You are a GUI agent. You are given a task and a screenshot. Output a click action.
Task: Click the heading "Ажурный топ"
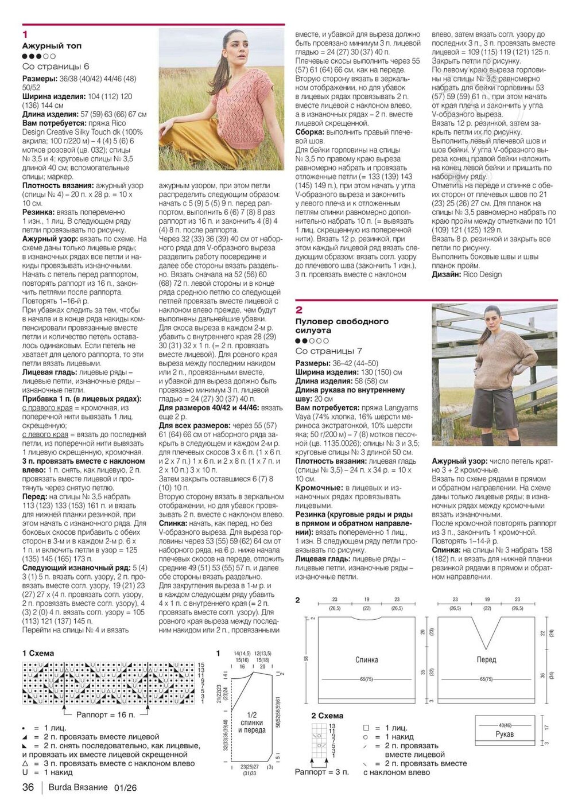pyautogui.click(x=52, y=45)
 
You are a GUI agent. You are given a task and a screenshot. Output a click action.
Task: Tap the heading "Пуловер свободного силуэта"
pyautogui.click(x=342, y=326)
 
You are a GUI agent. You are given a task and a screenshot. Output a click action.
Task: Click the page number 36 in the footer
pyautogui.click(x=28, y=787)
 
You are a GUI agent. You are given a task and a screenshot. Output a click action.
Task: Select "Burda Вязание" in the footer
pyautogui.click(x=78, y=787)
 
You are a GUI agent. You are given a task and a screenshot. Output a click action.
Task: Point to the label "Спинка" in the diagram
pyautogui.click(x=367, y=660)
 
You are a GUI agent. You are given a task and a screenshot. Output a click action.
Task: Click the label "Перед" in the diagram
pyautogui.click(x=486, y=660)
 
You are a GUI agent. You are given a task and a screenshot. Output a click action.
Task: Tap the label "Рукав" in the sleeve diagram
pyautogui.click(x=505, y=734)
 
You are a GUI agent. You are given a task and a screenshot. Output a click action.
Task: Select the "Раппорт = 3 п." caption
pyautogui.click(x=321, y=772)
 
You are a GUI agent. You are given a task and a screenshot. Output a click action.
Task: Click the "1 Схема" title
pyautogui.click(x=38, y=653)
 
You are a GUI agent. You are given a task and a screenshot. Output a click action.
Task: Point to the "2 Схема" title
pyautogui.click(x=327, y=716)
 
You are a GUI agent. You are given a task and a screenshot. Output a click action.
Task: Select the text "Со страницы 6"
pyautogui.click(x=56, y=67)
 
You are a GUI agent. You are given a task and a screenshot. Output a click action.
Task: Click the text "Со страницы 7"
pyautogui.click(x=329, y=351)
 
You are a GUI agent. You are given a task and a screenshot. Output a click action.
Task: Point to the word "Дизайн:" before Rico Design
pyautogui.click(x=446, y=274)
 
